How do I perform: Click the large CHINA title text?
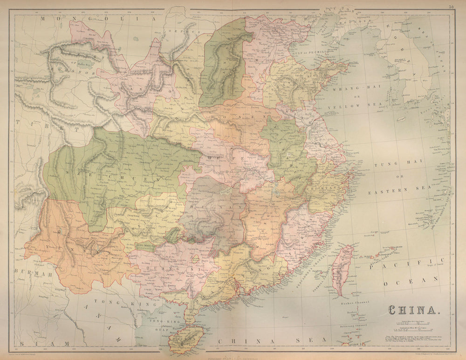coord(412,310)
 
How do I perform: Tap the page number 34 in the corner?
coord(451,7)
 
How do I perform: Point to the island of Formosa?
coord(343,270)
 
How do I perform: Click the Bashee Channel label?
coord(356,303)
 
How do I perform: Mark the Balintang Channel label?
coord(354,326)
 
